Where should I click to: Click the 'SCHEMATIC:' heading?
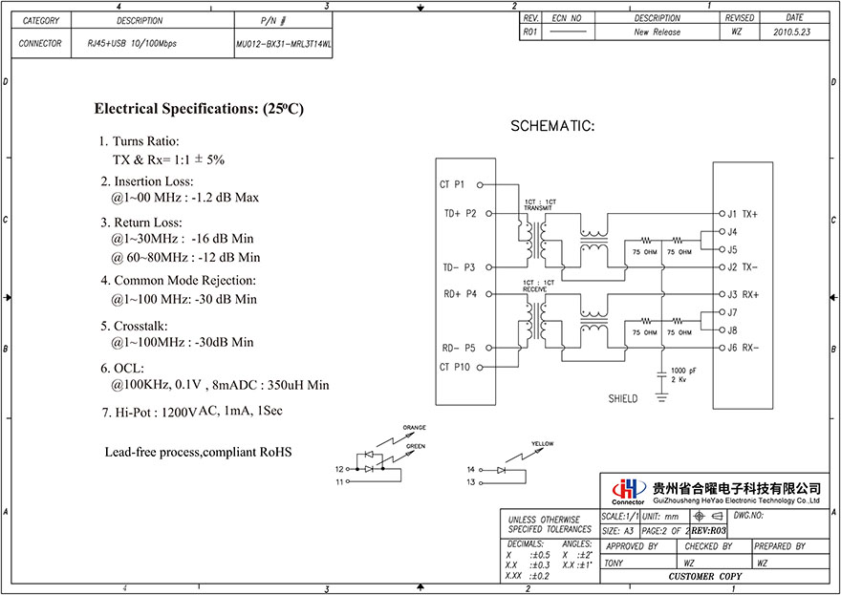(552, 126)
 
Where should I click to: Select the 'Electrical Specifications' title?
(199, 109)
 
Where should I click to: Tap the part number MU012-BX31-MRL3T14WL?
(283, 44)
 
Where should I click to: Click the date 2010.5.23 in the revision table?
(794, 32)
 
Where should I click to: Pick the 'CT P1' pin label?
(452, 184)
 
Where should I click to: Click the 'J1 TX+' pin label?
(742, 214)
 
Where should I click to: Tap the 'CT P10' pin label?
(454, 367)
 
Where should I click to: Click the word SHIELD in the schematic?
(622, 398)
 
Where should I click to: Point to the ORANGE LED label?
(414, 427)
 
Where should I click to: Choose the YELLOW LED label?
(542, 443)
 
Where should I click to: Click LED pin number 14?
(471, 470)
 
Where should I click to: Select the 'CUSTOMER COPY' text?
(704, 577)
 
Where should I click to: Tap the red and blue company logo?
(628, 489)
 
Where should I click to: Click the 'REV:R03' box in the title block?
(709, 530)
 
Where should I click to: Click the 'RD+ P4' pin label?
(460, 293)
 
